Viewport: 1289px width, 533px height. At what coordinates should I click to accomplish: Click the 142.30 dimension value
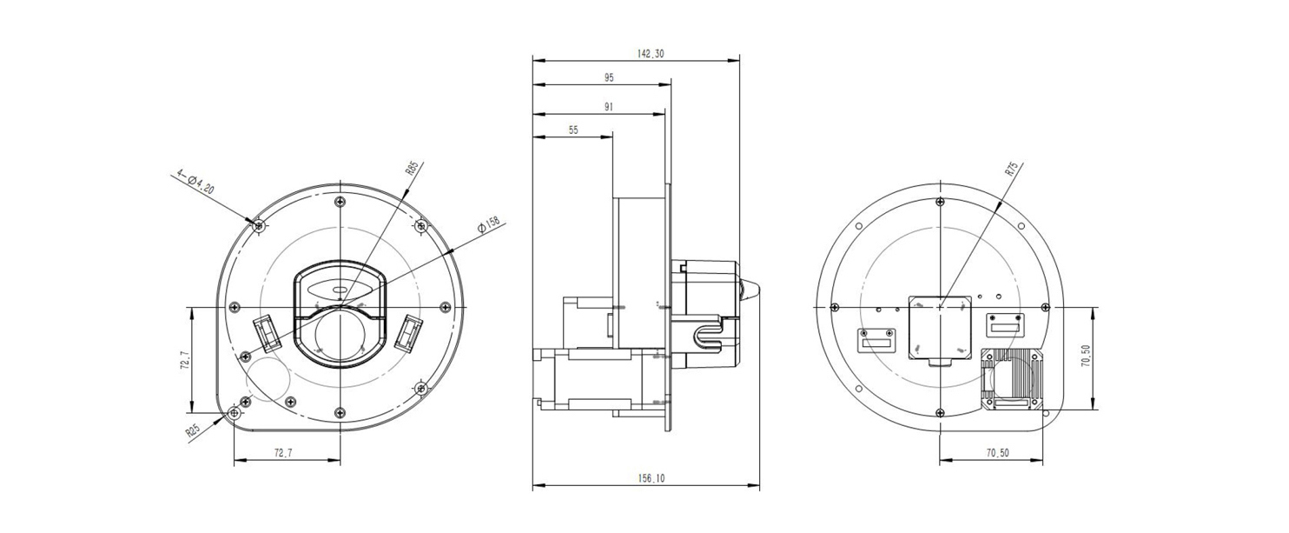coord(651,54)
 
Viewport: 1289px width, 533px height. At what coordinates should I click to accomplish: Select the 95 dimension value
coord(609,77)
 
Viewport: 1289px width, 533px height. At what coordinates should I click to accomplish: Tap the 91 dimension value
coord(609,107)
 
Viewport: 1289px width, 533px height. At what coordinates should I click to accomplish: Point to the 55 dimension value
coord(573,130)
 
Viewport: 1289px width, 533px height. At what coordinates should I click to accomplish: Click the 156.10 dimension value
coord(651,478)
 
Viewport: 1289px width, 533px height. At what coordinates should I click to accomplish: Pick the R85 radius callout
coord(411,168)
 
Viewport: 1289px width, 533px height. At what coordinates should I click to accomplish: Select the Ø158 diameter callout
coord(488,225)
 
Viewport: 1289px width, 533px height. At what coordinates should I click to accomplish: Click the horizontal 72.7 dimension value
coord(282,453)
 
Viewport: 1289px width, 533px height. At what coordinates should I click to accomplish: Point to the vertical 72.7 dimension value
coord(185,360)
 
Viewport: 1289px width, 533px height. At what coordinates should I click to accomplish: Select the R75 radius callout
coord(1011,169)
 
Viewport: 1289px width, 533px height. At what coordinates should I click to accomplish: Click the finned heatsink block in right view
coord(1011,379)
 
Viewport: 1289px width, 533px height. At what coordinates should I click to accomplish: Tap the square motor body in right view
coord(940,328)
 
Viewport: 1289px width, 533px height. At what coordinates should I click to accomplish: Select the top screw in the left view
coord(340,202)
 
